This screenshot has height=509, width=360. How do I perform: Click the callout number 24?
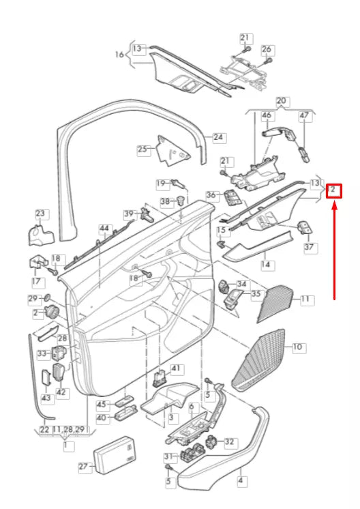(x=218, y=137)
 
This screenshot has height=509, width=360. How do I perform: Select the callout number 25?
(x=142, y=149)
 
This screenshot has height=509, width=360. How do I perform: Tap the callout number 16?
(x=119, y=54)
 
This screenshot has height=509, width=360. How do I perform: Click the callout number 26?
(x=267, y=50)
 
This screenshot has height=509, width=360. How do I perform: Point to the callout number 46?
(x=267, y=117)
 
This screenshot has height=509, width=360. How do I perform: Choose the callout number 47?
(x=304, y=117)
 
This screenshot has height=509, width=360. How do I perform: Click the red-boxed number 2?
(x=334, y=190)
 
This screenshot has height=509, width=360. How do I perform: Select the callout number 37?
(x=310, y=247)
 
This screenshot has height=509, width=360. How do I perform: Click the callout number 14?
(x=265, y=263)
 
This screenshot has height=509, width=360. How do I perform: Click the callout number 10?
(x=297, y=347)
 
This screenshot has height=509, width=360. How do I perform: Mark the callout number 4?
(x=241, y=480)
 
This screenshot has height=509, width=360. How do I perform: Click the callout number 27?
(x=84, y=467)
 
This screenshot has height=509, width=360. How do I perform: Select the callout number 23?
(x=40, y=214)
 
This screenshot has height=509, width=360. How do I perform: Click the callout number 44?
(x=104, y=228)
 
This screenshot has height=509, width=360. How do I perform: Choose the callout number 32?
(x=230, y=442)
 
